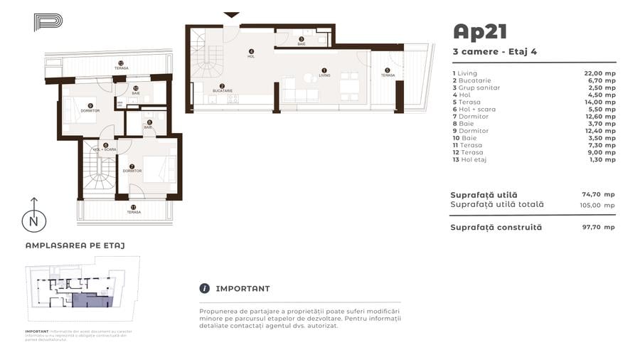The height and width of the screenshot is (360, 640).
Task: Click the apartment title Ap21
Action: [x=480, y=32]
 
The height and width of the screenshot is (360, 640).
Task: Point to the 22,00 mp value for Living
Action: [x=599, y=73]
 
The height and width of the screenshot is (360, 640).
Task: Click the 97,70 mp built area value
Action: [x=598, y=227]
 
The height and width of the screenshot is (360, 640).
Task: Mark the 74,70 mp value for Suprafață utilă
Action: [x=598, y=194]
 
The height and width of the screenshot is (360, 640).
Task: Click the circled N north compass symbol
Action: [x=33, y=221]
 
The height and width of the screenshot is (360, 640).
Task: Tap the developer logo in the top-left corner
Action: [x=48, y=21]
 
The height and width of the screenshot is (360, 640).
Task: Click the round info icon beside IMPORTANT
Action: [x=205, y=289]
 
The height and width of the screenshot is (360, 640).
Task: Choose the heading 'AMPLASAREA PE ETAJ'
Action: [x=75, y=245]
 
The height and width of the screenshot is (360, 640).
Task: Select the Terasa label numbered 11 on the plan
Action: [x=133, y=211]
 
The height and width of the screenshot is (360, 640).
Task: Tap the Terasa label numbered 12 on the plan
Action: [x=121, y=66]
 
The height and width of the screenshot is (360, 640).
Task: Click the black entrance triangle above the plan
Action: [x=231, y=14]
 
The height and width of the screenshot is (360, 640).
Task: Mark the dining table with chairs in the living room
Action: [x=348, y=85]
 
